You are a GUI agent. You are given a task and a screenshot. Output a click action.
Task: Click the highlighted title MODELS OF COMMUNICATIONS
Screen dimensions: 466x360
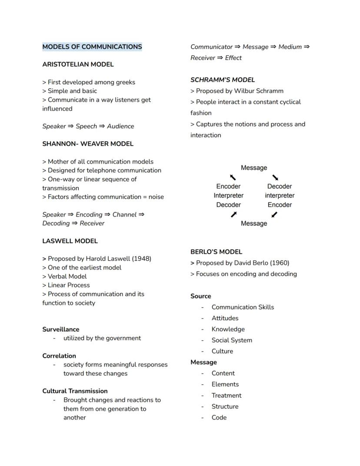click(x=92, y=47)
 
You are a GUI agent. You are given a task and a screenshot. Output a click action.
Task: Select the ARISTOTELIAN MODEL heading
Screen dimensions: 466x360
click(x=78, y=64)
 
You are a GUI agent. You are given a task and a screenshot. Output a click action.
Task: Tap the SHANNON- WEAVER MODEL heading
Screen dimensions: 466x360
click(x=88, y=144)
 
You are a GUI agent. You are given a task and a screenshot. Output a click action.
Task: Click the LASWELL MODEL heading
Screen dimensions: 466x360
click(x=70, y=241)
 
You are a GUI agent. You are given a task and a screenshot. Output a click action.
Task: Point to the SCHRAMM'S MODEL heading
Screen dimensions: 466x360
click(x=223, y=80)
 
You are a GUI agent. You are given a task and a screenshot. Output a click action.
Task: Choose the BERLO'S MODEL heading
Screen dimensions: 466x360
click(x=216, y=251)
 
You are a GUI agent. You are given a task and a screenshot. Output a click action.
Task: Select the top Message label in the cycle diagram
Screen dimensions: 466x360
click(x=254, y=168)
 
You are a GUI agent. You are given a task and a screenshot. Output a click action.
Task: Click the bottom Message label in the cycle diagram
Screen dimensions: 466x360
click(x=254, y=224)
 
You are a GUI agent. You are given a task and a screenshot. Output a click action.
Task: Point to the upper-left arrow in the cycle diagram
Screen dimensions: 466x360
click(x=233, y=177)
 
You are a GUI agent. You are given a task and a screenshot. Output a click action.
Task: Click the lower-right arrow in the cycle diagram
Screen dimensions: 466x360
click(x=274, y=215)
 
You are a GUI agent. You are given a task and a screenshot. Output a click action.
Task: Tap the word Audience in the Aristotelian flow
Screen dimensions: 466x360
click(x=120, y=126)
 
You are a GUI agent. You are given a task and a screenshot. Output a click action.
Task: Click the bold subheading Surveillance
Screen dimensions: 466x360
click(x=60, y=329)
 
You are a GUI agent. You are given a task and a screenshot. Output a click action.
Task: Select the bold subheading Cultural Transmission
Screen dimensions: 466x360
click(x=75, y=391)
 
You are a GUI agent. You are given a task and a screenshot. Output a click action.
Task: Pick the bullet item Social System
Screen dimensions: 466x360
click(x=232, y=340)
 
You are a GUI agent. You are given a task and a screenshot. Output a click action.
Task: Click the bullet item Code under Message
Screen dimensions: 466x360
click(x=219, y=417)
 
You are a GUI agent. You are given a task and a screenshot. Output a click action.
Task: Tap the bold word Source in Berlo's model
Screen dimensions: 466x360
click(x=200, y=296)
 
